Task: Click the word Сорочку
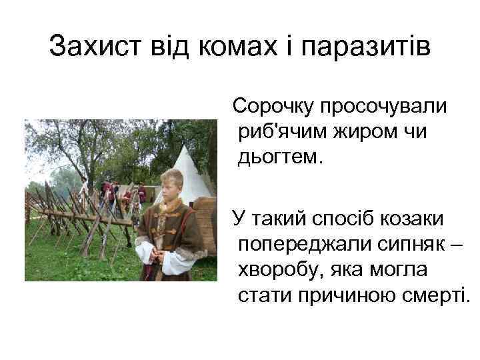[x=273, y=107]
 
